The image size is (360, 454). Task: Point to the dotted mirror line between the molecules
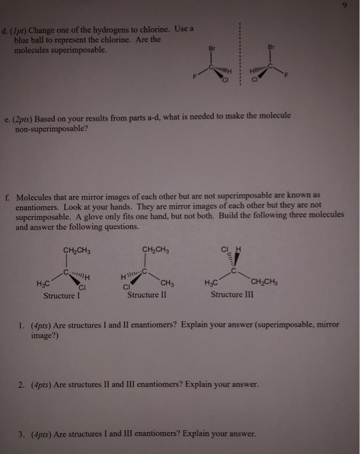point(239,58)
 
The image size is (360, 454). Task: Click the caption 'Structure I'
point(61,296)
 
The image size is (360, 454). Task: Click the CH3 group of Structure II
point(167,283)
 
